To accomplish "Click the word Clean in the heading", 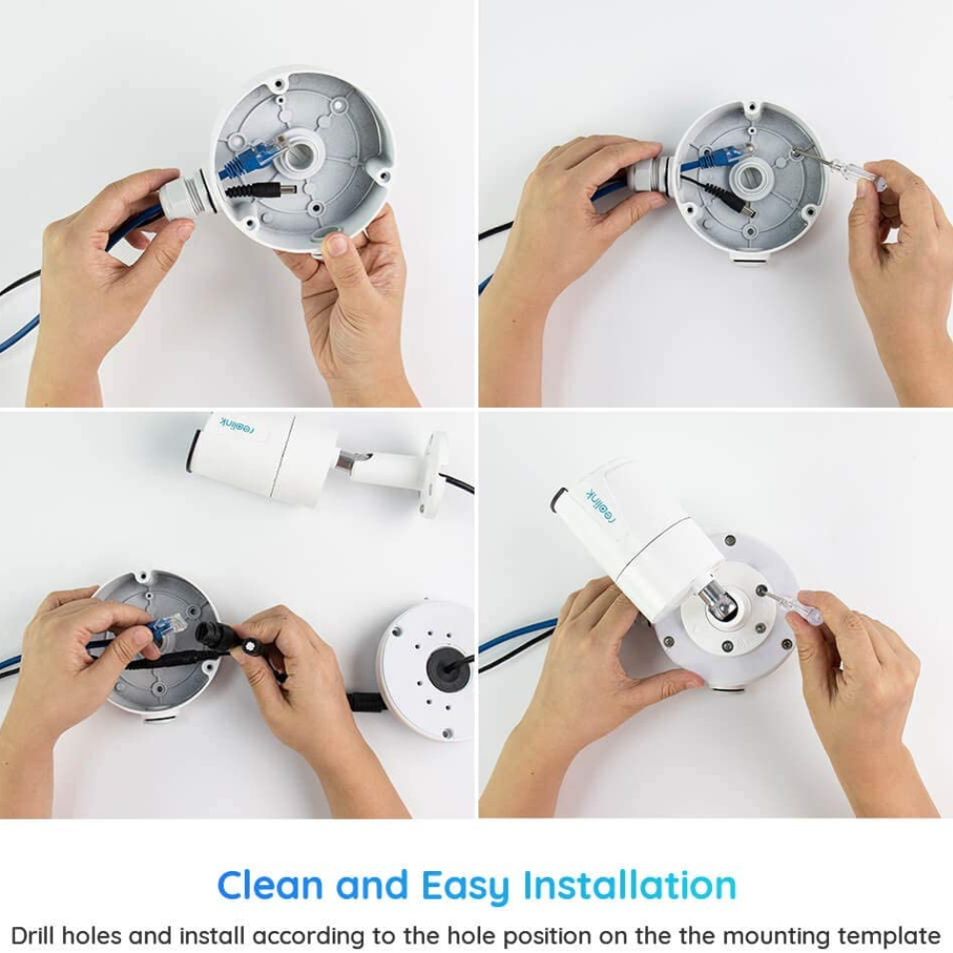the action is (x=270, y=885).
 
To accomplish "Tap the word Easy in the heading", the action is (x=466, y=888).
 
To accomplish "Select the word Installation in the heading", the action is (x=630, y=885).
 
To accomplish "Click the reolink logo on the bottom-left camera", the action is (x=237, y=426).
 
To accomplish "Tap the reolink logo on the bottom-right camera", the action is (x=601, y=505).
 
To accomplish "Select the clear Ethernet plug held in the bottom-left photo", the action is (x=172, y=627).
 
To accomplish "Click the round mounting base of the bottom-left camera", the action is (x=435, y=475).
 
